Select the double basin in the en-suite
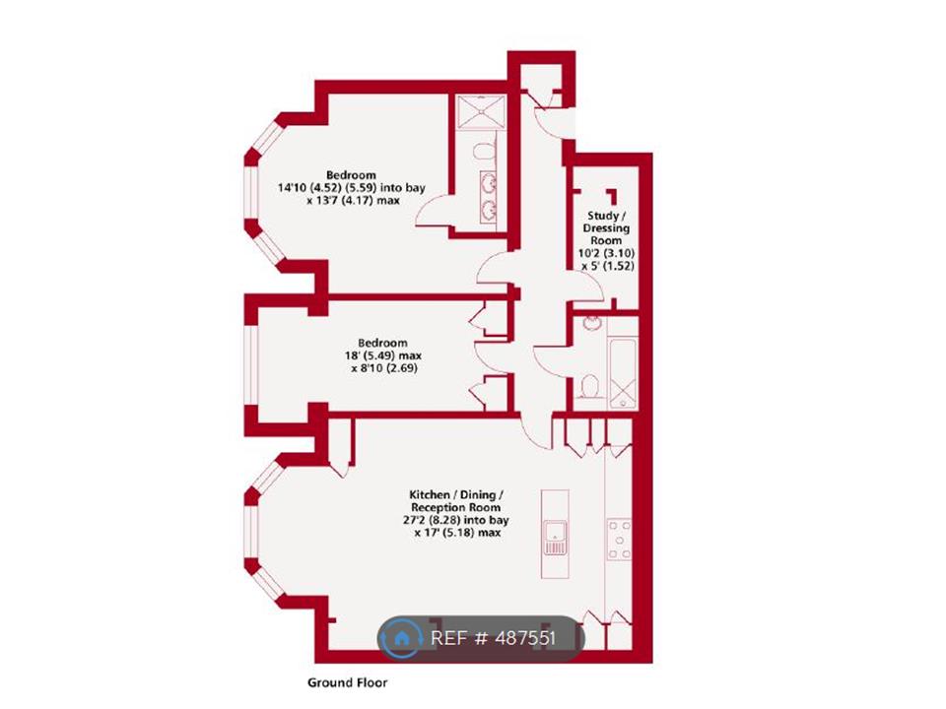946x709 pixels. pyautogui.click(x=489, y=195)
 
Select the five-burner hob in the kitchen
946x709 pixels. pyautogui.click(x=621, y=540)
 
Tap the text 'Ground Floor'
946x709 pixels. pyautogui.click(x=348, y=681)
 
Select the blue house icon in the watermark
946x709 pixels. pyautogui.click(x=402, y=638)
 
